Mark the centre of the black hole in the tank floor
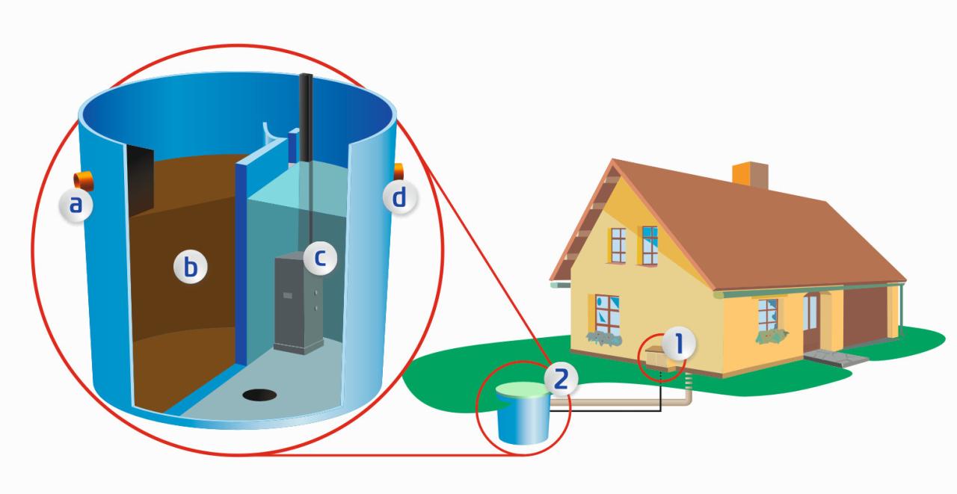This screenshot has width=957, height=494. coord(259,395)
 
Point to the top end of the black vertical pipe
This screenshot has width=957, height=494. coord(306,75)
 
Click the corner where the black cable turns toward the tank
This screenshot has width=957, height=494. coord(661,411)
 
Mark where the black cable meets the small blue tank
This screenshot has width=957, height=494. coord(550,411)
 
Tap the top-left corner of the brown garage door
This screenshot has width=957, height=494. coord(844,290)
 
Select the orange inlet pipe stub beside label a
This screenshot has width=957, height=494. coord(83,181)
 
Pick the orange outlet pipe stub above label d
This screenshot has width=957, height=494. coord(399,172)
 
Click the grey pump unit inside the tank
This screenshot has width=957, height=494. coord(298,303)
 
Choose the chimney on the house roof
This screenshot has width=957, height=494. coord(750,175)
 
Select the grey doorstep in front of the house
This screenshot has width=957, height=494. coord(836,358)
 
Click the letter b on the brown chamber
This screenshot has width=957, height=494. coord(191,268)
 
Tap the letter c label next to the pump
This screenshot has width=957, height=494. coord(320,258)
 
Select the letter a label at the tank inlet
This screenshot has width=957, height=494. coord(76,205)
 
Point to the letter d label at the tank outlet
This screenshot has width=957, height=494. coord(400,198)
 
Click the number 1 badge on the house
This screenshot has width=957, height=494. coord(678,344)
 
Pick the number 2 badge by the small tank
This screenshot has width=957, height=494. coord(561,378)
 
